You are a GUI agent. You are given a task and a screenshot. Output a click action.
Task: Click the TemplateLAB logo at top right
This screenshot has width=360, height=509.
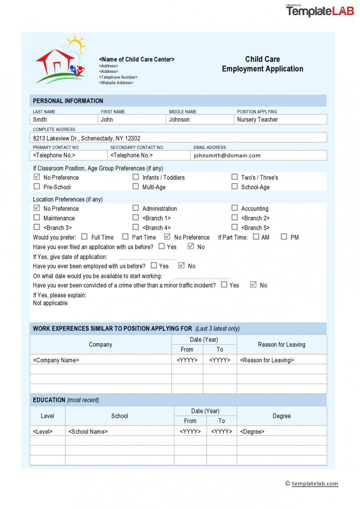click(320, 11)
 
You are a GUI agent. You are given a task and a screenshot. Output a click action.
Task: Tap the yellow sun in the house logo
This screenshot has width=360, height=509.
click(76, 44)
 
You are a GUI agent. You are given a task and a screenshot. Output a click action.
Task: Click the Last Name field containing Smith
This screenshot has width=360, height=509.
click(64, 119)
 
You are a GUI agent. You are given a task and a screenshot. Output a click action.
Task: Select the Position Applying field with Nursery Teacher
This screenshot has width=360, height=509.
click(280, 119)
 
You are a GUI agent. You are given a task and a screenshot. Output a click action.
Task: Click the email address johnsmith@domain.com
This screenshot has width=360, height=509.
click(227, 155)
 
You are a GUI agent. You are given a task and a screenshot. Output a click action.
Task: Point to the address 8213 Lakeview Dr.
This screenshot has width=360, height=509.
click(87, 138)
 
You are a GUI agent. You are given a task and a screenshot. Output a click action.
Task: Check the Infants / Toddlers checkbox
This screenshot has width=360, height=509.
click(136, 177)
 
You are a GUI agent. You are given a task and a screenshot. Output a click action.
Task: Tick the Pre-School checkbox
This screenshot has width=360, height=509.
click(37, 186)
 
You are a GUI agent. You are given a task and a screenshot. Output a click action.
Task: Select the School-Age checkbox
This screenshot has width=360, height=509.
click(235, 186)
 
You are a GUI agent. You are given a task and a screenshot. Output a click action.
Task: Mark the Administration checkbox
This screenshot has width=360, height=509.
click(136, 208)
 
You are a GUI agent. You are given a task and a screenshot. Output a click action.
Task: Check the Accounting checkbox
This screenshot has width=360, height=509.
click(235, 208)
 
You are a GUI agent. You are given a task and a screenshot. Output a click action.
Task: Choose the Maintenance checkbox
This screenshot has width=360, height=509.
click(37, 218)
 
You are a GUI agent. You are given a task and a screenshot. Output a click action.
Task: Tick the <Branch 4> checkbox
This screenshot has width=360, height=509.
click(136, 227)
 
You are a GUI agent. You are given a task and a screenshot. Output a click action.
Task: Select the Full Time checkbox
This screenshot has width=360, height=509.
click(84, 237)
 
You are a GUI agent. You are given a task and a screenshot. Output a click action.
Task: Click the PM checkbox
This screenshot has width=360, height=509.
click(284, 237)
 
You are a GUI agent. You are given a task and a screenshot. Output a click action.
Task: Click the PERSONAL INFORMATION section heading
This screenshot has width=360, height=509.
click(68, 101)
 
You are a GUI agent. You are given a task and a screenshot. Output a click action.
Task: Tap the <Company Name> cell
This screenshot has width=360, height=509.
click(100, 360)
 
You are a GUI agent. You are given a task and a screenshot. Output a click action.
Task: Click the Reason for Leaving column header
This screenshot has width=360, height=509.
click(282, 344)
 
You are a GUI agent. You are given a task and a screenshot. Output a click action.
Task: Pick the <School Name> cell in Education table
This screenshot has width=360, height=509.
click(119, 431)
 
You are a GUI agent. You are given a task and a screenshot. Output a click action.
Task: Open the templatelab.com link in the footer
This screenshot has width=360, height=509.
click(315, 483)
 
